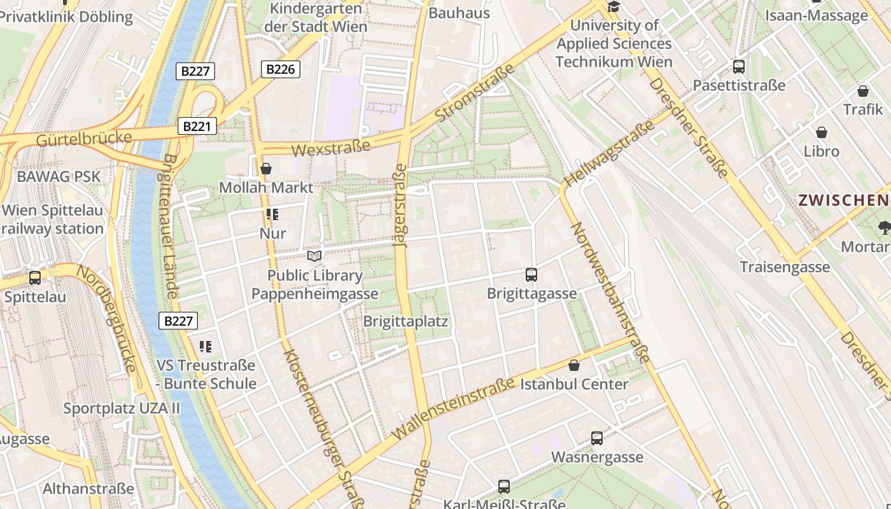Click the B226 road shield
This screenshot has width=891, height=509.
click(280, 69)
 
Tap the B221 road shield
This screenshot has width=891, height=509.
click(197, 126)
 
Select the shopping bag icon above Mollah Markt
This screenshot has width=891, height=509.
click(266, 169)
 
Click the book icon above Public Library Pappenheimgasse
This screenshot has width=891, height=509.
click(314, 256)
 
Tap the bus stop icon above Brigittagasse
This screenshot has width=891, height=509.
click(531, 275)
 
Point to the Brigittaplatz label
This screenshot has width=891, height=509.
click(405, 321)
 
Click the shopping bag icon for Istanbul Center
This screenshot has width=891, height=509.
click(574, 365)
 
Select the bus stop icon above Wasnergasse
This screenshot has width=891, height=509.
click(597, 438)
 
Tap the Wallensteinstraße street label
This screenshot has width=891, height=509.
click(453, 408)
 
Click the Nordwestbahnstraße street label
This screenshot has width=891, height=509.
click(610, 293)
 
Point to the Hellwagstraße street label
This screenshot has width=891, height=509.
click(609, 154)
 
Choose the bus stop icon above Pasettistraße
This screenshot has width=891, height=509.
click(739, 66)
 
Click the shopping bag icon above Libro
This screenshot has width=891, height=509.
click(822, 132)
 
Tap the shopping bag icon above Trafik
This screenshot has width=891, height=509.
click(863, 91)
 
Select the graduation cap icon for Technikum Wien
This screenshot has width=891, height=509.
click(614, 7)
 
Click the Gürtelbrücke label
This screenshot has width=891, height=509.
click(84, 138)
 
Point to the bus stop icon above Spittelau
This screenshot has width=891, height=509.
click(35, 278)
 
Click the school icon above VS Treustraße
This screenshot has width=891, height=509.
click(206, 347)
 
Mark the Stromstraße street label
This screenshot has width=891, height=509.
click(475, 93)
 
